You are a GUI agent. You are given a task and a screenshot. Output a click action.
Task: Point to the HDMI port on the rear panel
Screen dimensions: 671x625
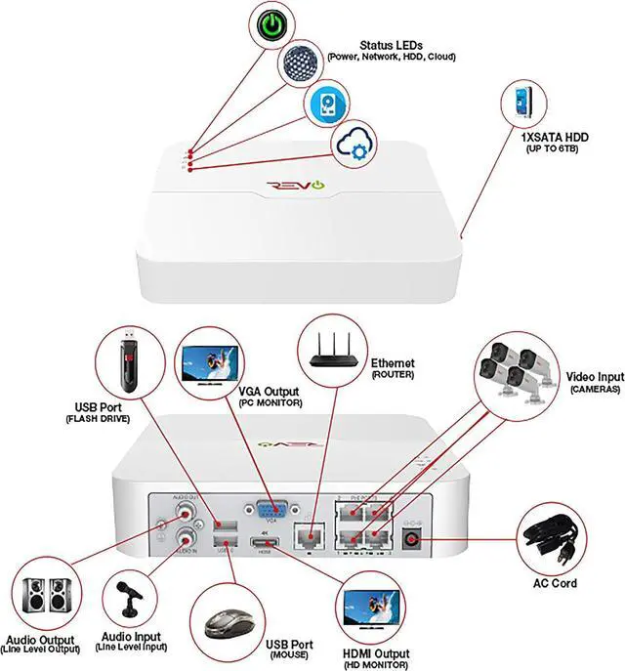[x=260, y=544]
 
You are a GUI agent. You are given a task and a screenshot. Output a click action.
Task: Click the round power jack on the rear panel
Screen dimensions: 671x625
[x=412, y=538]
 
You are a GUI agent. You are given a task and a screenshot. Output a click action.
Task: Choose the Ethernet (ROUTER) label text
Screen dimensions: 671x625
[x=392, y=368]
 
